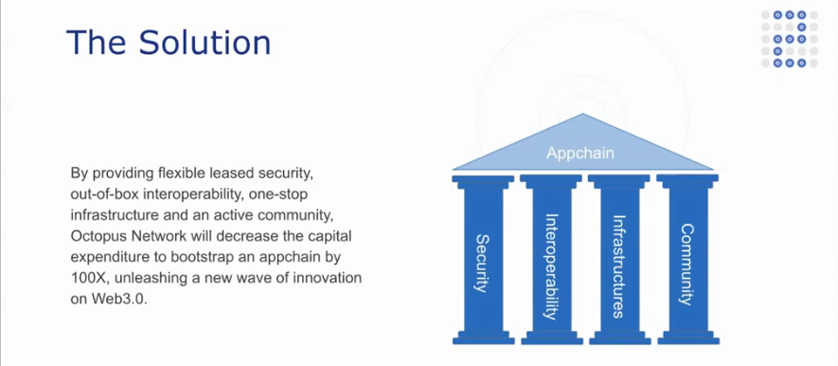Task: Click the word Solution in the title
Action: [x=205, y=43]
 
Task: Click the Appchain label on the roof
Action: [x=579, y=154]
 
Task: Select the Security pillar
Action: [x=483, y=259]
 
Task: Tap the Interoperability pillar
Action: [x=551, y=259]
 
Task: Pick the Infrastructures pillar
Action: [x=619, y=259]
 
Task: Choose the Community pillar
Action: [x=687, y=259]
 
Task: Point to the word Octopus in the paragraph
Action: [x=93, y=236]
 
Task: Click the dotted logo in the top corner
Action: [x=790, y=39]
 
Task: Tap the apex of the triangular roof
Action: [x=583, y=114]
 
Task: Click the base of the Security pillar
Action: [x=483, y=338]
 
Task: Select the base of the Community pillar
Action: [x=687, y=338]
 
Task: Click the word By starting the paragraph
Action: [x=78, y=174]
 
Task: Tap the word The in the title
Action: [x=97, y=43]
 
